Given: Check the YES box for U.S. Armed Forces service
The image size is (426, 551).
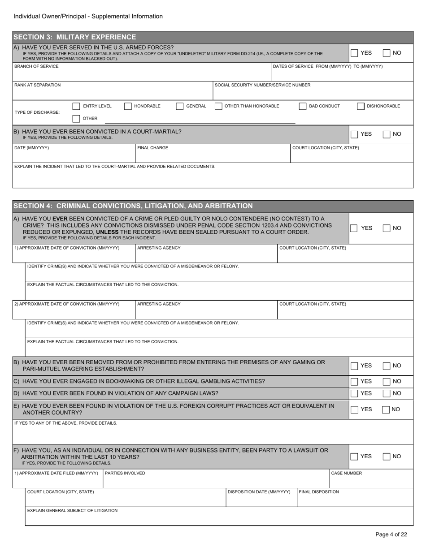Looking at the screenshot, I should tap(354, 53).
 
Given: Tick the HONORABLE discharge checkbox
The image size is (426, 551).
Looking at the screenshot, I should tap(128, 106).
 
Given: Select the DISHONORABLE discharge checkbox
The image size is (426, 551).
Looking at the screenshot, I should tap(361, 106).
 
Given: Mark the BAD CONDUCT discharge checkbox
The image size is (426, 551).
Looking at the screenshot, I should tap(303, 106).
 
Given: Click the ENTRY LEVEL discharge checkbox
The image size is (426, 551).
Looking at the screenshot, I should tap(76, 106).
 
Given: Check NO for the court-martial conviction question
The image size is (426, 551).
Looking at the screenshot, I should tap(387, 134).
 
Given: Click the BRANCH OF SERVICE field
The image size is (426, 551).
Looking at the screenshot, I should tap(142, 75).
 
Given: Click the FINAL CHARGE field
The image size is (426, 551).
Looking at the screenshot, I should tap(213, 156).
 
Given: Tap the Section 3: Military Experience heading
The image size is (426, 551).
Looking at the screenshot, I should tap(75, 37).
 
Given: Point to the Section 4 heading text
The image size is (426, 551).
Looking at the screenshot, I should tap(133, 206).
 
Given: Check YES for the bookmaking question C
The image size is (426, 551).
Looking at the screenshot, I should tap(354, 381).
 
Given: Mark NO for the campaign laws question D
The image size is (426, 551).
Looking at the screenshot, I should tap(387, 393).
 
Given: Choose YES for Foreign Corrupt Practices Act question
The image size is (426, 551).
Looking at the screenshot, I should tap(354, 409).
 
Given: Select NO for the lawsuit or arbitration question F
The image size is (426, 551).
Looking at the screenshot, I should tap(387, 456).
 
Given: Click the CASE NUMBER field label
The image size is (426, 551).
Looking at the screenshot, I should tap(346, 473).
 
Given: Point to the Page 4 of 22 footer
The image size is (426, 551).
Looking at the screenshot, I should tap(391, 534).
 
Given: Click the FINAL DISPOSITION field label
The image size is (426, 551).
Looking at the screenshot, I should tap(319, 492).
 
